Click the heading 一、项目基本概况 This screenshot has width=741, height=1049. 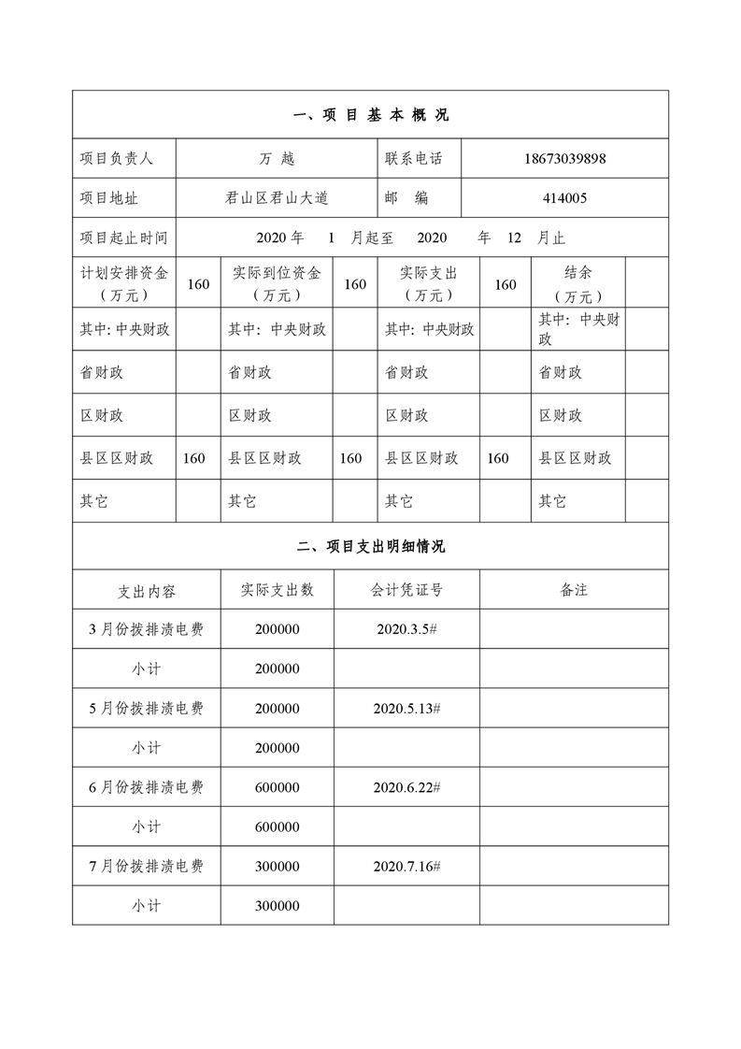[x=371, y=115]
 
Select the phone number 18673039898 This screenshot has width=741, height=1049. [x=564, y=159]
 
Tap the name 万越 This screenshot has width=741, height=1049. [x=277, y=159]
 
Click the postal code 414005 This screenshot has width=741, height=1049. [x=564, y=198]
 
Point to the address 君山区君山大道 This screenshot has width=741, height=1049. [x=277, y=198]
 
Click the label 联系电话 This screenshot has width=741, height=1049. [x=413, y=159]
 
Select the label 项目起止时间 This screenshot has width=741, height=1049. [x=123, y=238]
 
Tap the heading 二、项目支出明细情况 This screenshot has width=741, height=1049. [x=371, y=546]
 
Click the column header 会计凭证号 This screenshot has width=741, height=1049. [x=406, y=590]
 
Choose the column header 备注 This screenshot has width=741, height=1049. [x=574, y=590]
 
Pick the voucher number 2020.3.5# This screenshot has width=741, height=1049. [x=406, y=629]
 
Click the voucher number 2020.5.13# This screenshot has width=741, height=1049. [x=406, y=709]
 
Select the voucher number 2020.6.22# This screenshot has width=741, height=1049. [x=406, y=787]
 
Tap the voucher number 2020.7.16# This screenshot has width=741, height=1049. [x=406, y=867]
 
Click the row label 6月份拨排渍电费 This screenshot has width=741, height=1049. [x=146, y=787]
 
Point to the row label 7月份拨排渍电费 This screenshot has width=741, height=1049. [x=146, y=867]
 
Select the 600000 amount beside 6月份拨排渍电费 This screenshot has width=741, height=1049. [x=277, y=787]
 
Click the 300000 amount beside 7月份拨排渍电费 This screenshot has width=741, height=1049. [x=277, y=867]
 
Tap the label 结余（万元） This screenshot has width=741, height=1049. [x=577, y=284]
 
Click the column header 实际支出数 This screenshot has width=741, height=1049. [x=277, y=590]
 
